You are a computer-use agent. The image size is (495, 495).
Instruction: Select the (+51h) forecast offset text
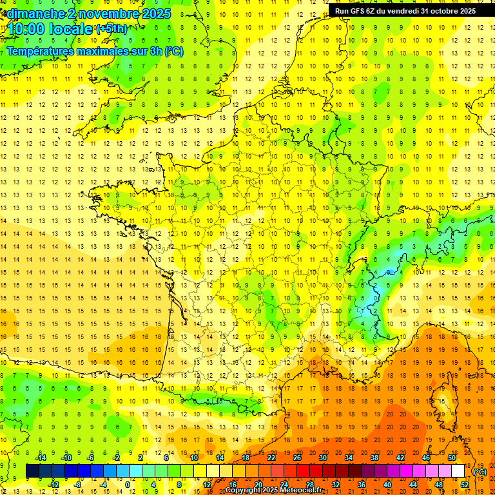(x=112, y=29)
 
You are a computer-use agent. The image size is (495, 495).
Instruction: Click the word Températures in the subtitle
(x=43, y=51)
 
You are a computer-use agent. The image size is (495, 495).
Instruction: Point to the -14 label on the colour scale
(x=42, y=458)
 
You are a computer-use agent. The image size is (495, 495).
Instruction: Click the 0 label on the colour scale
(x=128, y=484)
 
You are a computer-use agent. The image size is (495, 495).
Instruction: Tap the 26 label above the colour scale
(x=297, y=458)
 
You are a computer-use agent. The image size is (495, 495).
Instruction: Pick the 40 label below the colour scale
(x=387, y=484)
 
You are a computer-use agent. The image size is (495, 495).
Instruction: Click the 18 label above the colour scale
(x=246, y=458)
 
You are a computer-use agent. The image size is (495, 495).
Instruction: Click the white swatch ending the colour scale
(x=458, y=471)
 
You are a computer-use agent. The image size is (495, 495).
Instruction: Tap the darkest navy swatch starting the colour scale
(x=32, y=471)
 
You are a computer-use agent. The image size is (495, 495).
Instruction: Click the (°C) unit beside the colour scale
(x=480, y=472)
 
